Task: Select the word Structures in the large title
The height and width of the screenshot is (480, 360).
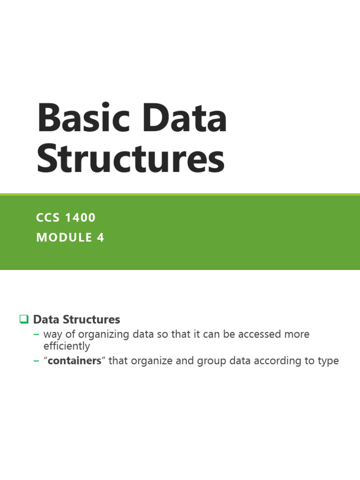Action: point(131,160)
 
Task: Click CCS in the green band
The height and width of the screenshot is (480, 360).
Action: point(49,217)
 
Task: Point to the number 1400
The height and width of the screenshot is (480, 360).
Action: point(81,217)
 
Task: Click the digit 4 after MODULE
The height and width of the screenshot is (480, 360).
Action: point(101,238)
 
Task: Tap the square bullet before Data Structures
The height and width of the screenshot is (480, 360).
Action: point(24,320)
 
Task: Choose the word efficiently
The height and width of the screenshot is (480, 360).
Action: point(67,346)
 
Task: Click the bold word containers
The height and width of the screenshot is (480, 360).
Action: point(75,361)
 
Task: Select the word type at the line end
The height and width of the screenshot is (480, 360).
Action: point(329,361)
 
